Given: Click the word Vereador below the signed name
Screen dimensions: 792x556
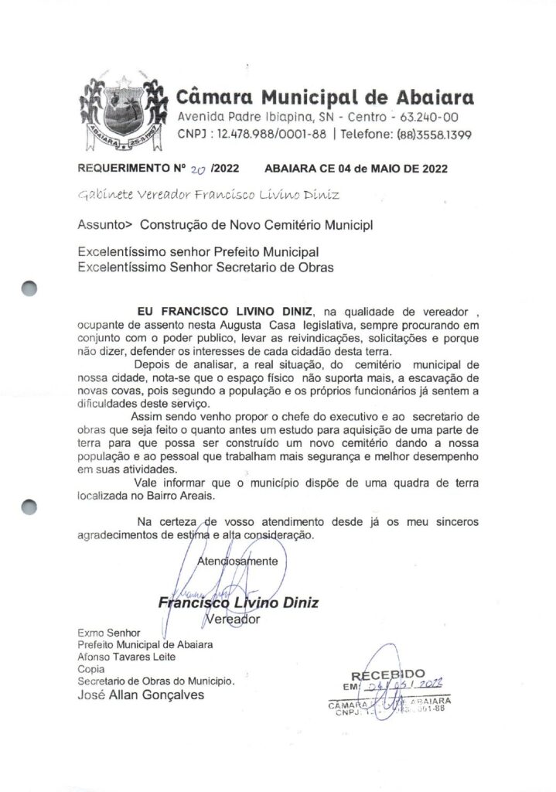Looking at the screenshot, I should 236,619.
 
